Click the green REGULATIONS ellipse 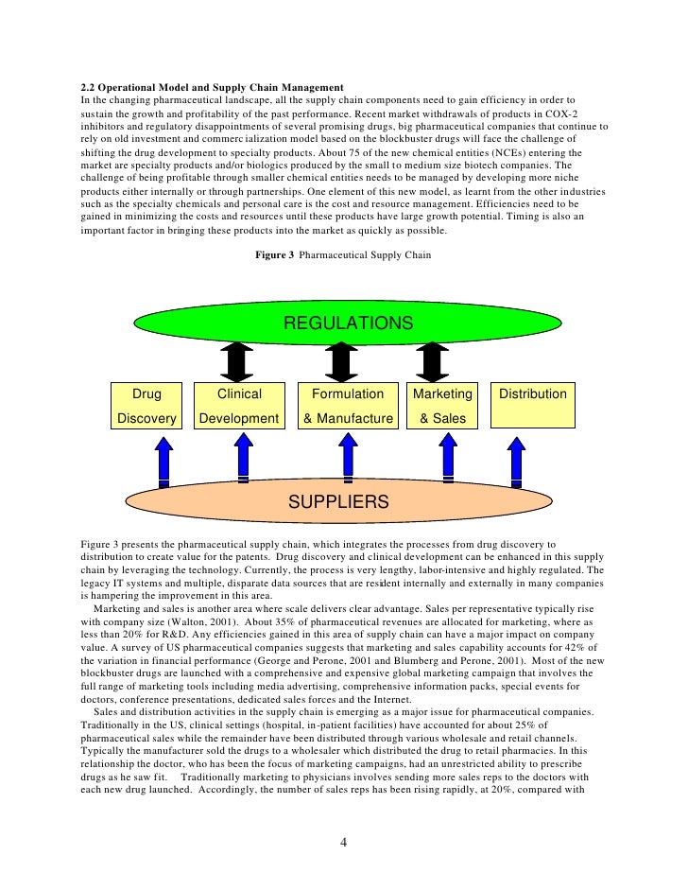coord(348,324)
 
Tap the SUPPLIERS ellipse coord(338,501)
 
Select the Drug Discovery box coord(146,406)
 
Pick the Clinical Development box coord(239,406)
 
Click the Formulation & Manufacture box coord(347,406)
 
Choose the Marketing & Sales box coord(442,406)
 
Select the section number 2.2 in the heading coord(91,89)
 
